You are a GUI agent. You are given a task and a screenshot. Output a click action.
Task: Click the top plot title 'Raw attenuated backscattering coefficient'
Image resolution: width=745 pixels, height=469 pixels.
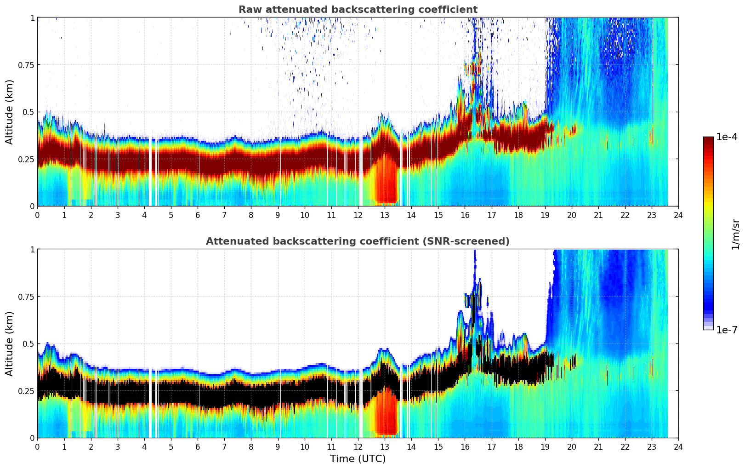click(x=358, y=10)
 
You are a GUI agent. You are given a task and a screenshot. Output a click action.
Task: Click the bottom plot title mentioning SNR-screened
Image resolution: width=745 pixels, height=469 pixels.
click(x=358, y=241)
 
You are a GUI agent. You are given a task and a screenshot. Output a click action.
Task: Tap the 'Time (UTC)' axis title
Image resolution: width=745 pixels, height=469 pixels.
click(x=358, y=459)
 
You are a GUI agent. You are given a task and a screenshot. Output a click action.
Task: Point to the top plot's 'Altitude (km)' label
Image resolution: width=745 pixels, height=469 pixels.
click(x=10, y=112)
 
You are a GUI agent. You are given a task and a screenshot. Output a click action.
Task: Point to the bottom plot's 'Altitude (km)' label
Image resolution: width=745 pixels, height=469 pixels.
click(x=10, y=343)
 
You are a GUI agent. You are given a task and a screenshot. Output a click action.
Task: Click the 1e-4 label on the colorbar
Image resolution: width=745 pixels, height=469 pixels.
click(x=727, y=137)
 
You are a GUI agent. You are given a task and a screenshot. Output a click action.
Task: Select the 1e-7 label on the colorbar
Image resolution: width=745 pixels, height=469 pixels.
click(x=727, y=330)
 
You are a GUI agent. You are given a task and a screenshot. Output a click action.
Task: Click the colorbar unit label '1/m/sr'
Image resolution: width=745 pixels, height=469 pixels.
click(x=735, y=234)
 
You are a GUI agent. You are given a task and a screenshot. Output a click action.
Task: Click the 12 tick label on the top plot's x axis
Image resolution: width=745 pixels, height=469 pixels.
click(x=358, y=215)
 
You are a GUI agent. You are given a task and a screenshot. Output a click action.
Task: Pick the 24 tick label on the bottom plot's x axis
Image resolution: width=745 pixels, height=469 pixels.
click(x=678, y=446)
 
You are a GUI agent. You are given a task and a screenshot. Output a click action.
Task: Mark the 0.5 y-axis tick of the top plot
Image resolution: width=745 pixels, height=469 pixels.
click(x=29, y=112)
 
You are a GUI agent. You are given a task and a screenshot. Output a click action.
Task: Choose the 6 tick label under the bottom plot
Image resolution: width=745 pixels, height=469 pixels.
click(x=198, y=446)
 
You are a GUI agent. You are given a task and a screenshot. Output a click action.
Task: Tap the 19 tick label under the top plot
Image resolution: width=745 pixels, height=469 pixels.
click(x=545, y=215)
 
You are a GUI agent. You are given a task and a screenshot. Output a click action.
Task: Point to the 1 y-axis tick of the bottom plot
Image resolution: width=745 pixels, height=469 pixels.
click(x=32, y=250)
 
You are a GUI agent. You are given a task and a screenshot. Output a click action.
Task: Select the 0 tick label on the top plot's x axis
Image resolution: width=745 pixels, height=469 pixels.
click(x=38, y=215)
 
